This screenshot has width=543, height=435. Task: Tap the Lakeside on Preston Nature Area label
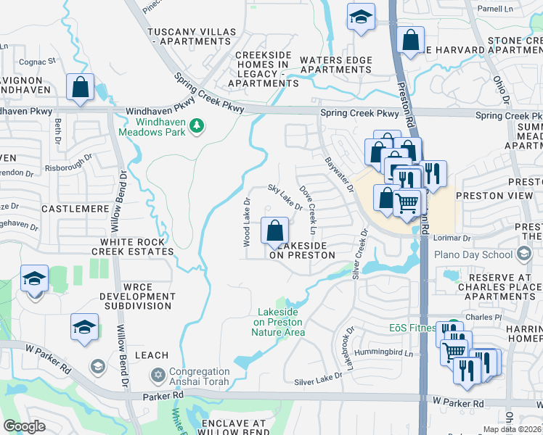279,323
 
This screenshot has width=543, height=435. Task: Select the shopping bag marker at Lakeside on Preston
274,232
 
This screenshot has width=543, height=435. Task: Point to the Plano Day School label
473,254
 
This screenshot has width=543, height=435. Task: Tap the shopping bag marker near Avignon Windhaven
81,88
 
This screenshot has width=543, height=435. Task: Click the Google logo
25,426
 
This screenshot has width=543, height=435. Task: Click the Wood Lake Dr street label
247,222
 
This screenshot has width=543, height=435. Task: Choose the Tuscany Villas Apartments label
192,38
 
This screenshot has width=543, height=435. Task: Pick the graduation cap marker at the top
360,17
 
